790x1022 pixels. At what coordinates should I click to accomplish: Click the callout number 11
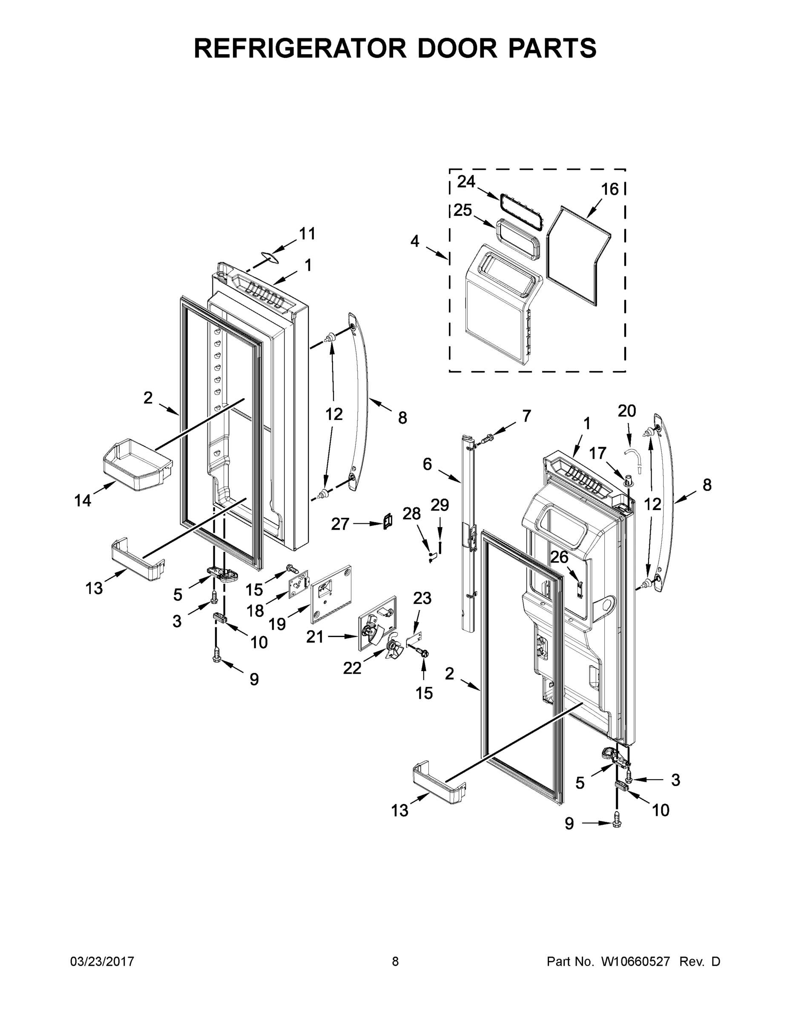coord(307,233)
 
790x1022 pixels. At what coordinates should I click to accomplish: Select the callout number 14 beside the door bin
coord(83,501)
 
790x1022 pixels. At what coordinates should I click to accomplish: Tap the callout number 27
coord(340,524)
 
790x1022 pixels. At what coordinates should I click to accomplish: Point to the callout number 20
coord(626,411)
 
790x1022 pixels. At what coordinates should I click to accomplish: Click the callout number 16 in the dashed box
coord(610,189)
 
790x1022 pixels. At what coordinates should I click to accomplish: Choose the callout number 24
coord(466,181)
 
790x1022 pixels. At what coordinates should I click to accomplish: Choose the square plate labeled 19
coord(331,594)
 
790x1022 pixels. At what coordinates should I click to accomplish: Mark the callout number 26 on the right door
coord(559,557)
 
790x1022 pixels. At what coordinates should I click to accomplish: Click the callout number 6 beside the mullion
coord(427,464)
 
